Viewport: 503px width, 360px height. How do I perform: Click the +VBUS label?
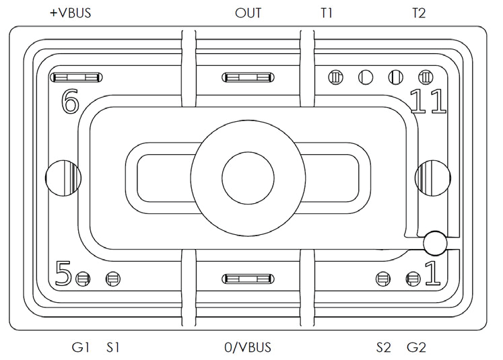click(x=71, y=13)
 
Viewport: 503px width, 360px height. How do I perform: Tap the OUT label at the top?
click(x=248, y=13)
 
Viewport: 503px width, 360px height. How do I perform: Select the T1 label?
click(x=327, y=13)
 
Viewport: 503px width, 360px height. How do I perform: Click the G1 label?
click(x=81, y=347)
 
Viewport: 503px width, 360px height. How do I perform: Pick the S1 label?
click(x=112, y=347)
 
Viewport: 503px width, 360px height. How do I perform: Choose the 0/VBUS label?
click(x=248, y=347)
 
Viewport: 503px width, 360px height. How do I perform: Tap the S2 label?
click(x=383, y=347)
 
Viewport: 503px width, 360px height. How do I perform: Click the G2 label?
click(x=417, y=347)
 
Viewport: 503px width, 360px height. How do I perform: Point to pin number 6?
click(x=70, y=102)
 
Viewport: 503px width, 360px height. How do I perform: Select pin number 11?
click(x=428, y=102)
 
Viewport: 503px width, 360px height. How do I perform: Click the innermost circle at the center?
click(x=248, y=178)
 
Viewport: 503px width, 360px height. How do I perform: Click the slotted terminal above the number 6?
click(x=75, y=78)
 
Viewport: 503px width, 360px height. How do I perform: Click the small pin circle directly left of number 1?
click(x=412, y=277)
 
